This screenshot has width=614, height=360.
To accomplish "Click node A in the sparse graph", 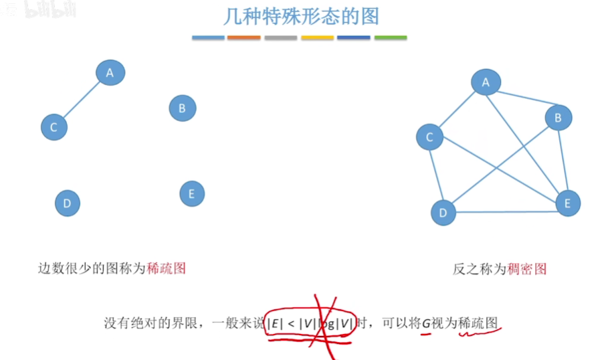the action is tap(110, 72).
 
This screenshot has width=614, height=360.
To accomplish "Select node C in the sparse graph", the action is tap(54, 127).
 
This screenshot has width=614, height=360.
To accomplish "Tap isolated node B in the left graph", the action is tap(182, 108).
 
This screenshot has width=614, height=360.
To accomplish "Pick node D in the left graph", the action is tap(66, 203).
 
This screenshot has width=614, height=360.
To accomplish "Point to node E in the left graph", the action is tap(192, 194).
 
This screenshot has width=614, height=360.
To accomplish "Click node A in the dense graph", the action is tap(486, 82).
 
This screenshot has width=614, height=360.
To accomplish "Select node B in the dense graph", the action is tap(558, 118).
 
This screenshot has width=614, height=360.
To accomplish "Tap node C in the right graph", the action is tap(429, 137).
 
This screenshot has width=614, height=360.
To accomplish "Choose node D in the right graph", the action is tap(443, 213).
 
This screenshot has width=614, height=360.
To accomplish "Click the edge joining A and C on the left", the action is tap(82, 100).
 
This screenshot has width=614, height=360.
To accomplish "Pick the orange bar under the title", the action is tap(243, 37).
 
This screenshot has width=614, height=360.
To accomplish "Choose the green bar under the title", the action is tap(391, 37).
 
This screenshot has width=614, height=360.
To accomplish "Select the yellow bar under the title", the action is tap(317, 37).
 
